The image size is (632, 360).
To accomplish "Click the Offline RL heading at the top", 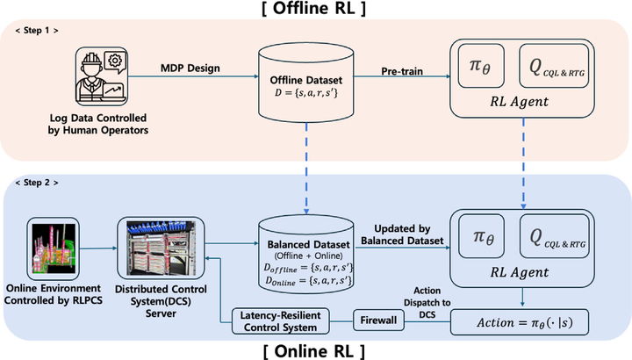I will tap(316, 11).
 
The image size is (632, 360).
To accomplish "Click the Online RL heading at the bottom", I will tap(316, 349).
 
